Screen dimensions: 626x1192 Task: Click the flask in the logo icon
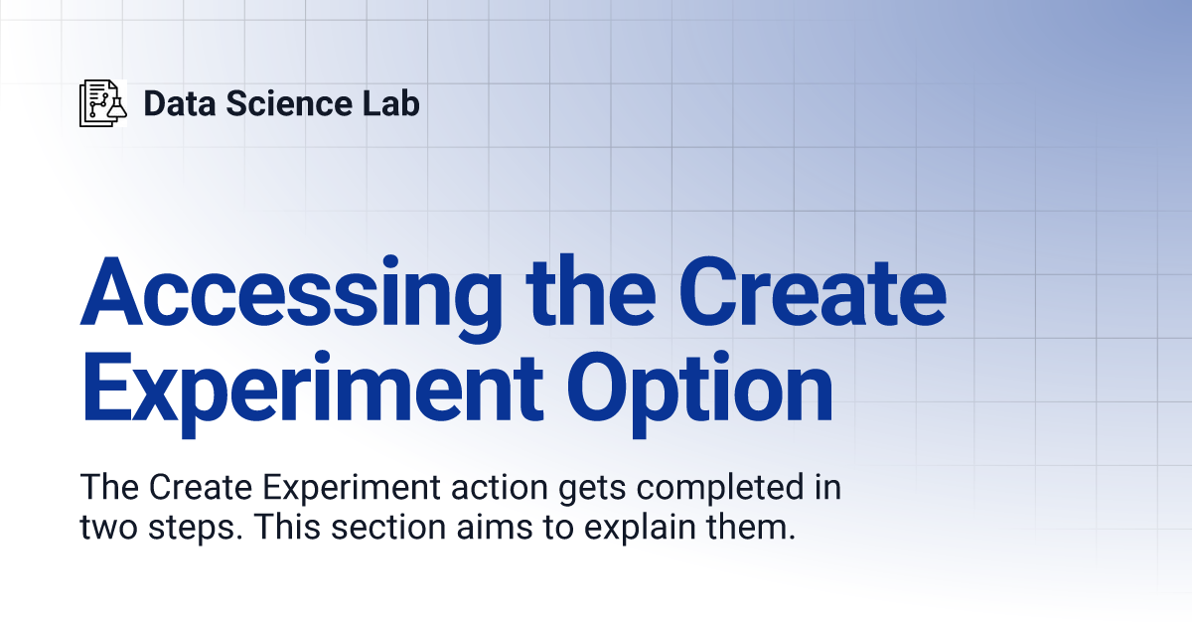click(117, 108)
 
